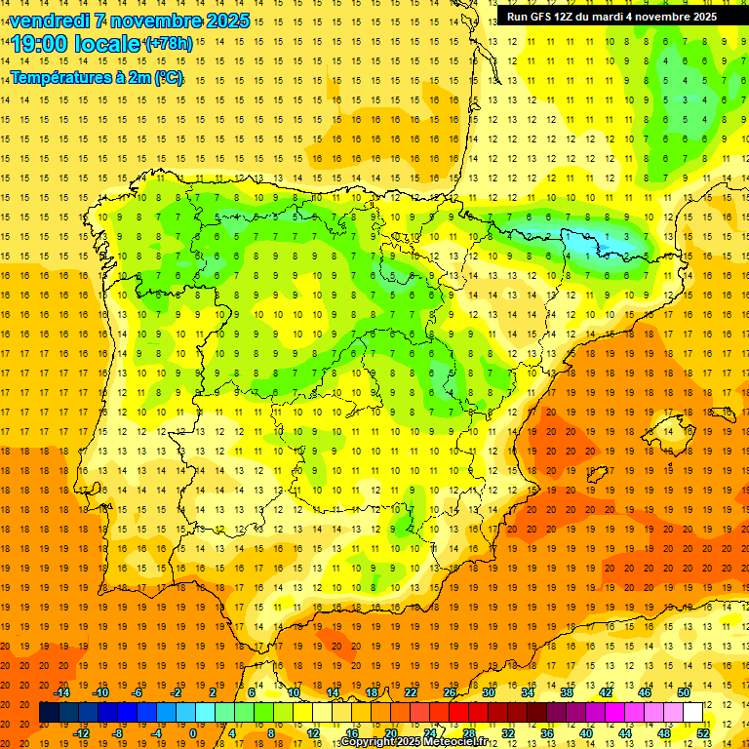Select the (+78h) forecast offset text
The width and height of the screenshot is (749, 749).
(x=168, y=44)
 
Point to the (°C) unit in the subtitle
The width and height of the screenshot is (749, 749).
(x=168, y=78)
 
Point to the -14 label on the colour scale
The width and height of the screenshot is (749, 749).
(x=62, y=692)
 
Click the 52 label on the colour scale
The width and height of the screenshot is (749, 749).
(x=703, y=733)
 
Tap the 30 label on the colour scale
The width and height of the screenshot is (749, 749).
(x=489, y=692)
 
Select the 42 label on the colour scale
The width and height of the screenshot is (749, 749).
(x=605, y=692)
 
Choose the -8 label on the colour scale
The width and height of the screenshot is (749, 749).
(x=118, y=733)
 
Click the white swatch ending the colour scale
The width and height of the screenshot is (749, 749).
(x=692, y=713)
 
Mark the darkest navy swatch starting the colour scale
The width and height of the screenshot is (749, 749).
(x=49, y=713)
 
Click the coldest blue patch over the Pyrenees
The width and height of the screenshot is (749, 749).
(x=585, y=237)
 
